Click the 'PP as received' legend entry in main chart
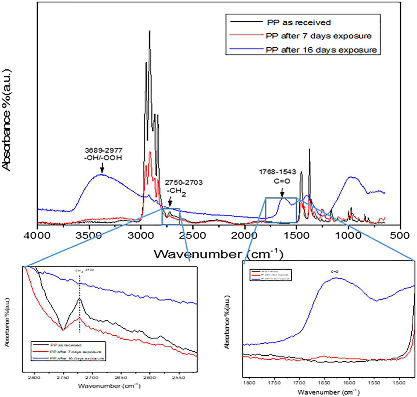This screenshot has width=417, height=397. click(x=299, y=23)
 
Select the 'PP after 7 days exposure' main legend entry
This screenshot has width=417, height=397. click(x=318, y=36)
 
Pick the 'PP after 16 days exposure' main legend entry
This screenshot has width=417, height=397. click(x=321, y=50)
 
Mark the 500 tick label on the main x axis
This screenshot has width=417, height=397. click(x=400, y=235)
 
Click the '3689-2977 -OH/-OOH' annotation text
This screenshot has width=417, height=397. click(x=104, y=154)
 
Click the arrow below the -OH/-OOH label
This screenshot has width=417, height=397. click(x=102, y=168)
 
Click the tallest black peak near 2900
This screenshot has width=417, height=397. click(x=150, y=31)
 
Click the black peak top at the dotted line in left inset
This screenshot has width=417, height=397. click(x=80, y=298)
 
